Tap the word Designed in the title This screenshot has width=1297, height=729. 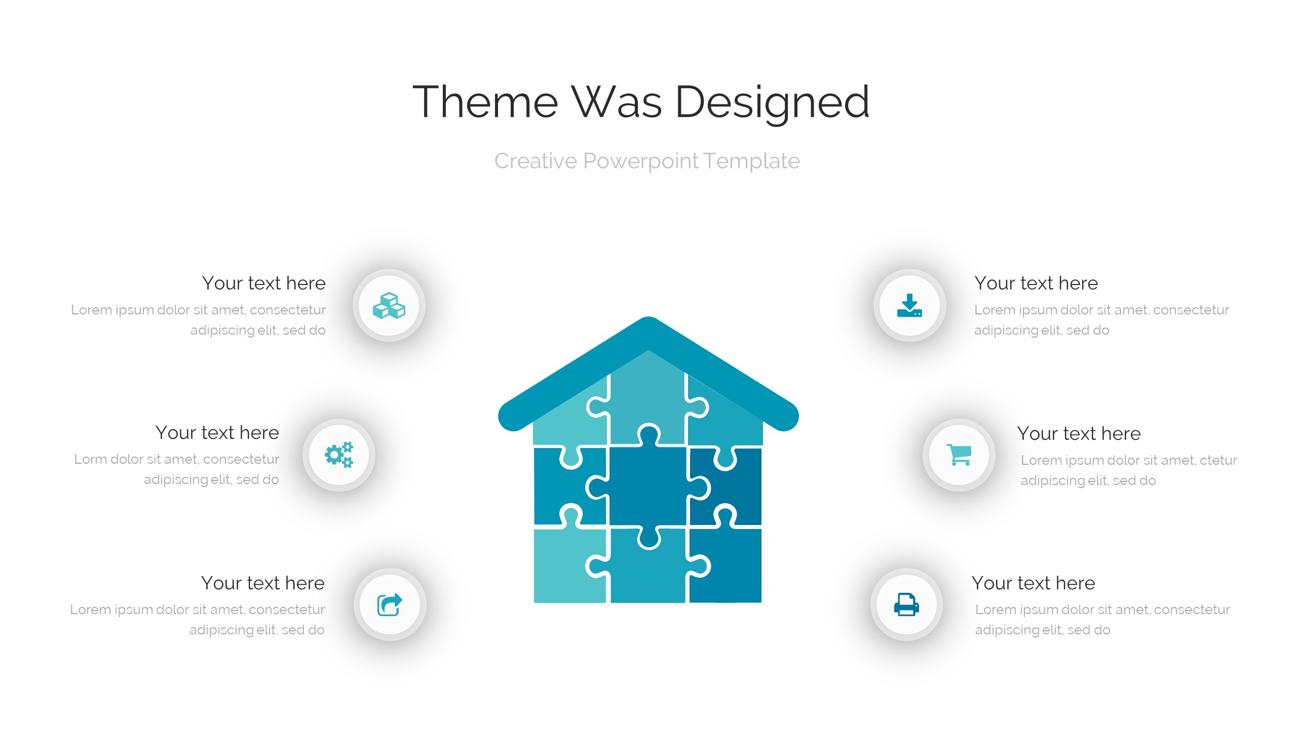[772, 104]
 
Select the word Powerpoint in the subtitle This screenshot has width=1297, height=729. [641, 161]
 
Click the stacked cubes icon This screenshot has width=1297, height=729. [389, 306]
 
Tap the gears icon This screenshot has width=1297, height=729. [339, 455]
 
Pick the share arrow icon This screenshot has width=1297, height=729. [390, 604]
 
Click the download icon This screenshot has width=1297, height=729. [909, 305]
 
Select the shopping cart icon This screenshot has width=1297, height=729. [959, 455]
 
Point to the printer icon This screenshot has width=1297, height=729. [906, 604]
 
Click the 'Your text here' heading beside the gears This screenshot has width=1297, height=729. [217, 433]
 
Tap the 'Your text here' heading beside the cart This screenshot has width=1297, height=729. [1079, 434]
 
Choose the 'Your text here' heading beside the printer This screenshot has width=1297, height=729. [1034, 583]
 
